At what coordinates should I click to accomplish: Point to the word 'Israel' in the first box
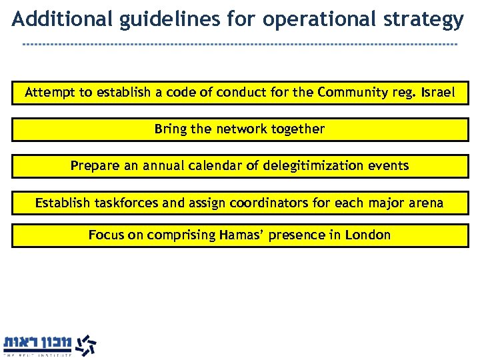[437, 93]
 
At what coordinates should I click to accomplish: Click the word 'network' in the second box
[240, 129]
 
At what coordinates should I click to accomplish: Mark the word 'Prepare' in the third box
[95, 165]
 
